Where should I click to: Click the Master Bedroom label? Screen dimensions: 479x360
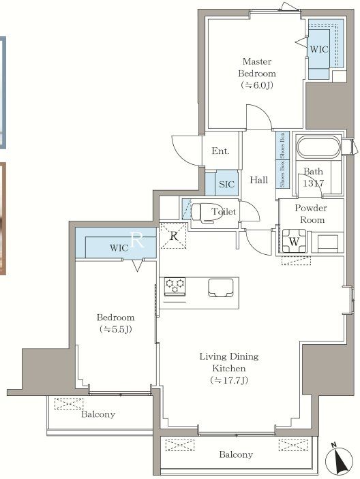257,67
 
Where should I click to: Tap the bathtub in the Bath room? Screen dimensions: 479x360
318,148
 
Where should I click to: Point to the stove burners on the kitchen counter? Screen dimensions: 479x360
175,286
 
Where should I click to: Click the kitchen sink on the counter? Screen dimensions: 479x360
220,288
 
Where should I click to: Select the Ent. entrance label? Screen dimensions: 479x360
220,151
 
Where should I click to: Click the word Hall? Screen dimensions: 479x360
258,180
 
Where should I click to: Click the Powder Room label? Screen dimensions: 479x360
310,214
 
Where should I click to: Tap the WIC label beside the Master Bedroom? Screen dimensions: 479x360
319,50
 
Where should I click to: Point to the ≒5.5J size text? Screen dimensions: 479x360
115,330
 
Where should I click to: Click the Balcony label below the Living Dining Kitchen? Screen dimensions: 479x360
236,454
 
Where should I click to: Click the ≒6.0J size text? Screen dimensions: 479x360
257,85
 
